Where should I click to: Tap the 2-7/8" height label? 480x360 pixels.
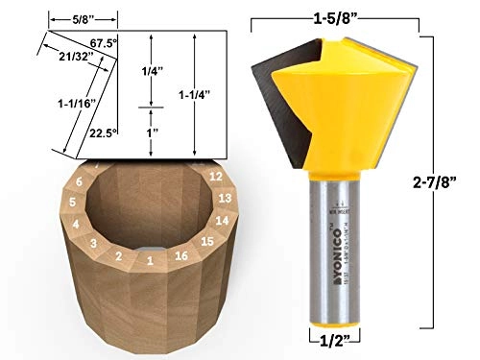tap(451, 180)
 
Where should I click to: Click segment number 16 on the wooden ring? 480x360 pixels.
tap(180, 257)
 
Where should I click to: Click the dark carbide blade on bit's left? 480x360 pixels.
tap(272, 96)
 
